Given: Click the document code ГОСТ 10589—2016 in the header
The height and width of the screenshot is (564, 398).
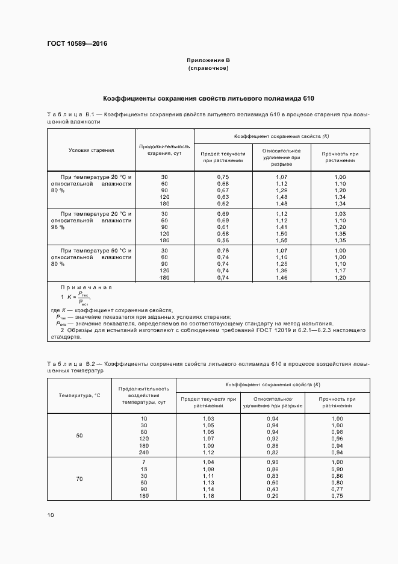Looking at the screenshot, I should click(73, 43).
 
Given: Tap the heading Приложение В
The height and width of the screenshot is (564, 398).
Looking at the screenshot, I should click(208, 60).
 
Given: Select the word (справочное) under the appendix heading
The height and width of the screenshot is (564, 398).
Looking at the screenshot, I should click(208, 68).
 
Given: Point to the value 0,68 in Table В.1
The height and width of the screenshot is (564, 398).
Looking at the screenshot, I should click(223, 183).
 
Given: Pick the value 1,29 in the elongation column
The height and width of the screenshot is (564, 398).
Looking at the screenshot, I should click(281, 190).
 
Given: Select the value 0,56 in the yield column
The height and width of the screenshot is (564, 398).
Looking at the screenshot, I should click(223, 240).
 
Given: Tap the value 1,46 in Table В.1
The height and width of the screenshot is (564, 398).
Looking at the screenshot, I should click(281, 278).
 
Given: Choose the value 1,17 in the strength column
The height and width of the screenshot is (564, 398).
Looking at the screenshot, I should click(340, 271).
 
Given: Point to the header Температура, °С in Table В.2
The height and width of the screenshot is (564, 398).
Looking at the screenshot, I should click(79, 395).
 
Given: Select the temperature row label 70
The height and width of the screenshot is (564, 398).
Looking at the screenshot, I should click(79, 478).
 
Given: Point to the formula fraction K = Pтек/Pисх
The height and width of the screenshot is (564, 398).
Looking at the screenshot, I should click(78, 298).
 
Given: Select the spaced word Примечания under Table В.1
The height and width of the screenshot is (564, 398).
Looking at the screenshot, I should click(86, 287).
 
